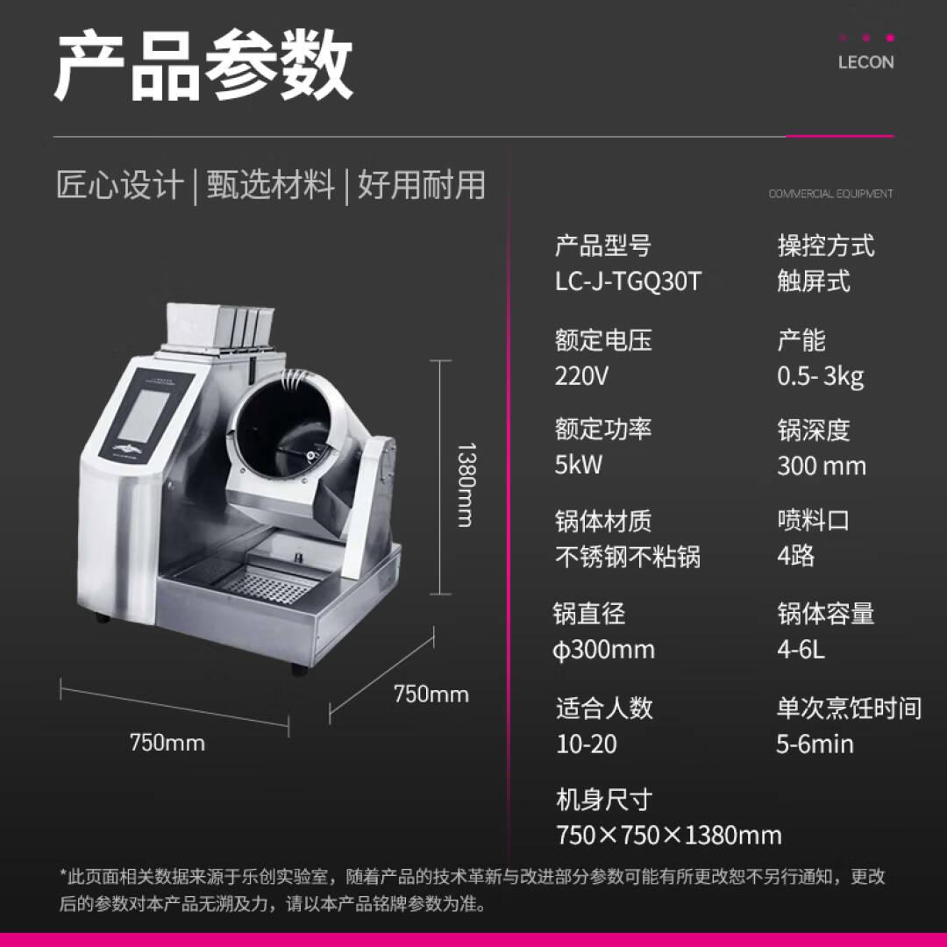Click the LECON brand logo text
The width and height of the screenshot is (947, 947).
pyautogui.click(x=865, y=62)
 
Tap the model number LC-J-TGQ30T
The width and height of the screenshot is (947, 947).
pyautogui.click(x=628, y=281)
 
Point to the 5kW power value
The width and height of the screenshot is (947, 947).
pyautogui.click(x=579, y=465)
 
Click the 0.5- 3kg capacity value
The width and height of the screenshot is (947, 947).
pyautogui.click(x=820, y=376)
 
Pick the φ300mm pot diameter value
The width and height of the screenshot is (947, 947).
pyautogui.click(x=604, y=650)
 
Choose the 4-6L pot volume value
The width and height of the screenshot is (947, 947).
pyautogui.click(x=801, y=650)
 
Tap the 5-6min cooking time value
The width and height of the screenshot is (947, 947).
pyautogui.click(x=815, y=744)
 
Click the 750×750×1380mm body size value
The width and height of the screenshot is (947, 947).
pyautogui.click(x=668, y=836)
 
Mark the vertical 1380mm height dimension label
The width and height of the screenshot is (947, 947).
pyautogui.click(x=466, y=485)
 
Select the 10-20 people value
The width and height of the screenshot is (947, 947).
pyautogui.click(x=587, y=744)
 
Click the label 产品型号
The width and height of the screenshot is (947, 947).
pyautogui.click(x=602, y=246)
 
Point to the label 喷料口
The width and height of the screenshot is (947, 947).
pyautogui.click(x=814, y=520)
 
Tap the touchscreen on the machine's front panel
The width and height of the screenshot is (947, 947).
pyautogui.click(x=144, y=415)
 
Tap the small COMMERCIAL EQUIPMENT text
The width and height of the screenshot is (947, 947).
pyautogui.click(x=830, y=194)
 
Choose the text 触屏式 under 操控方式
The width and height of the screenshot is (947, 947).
pyautogui.click(x=814, y=281)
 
